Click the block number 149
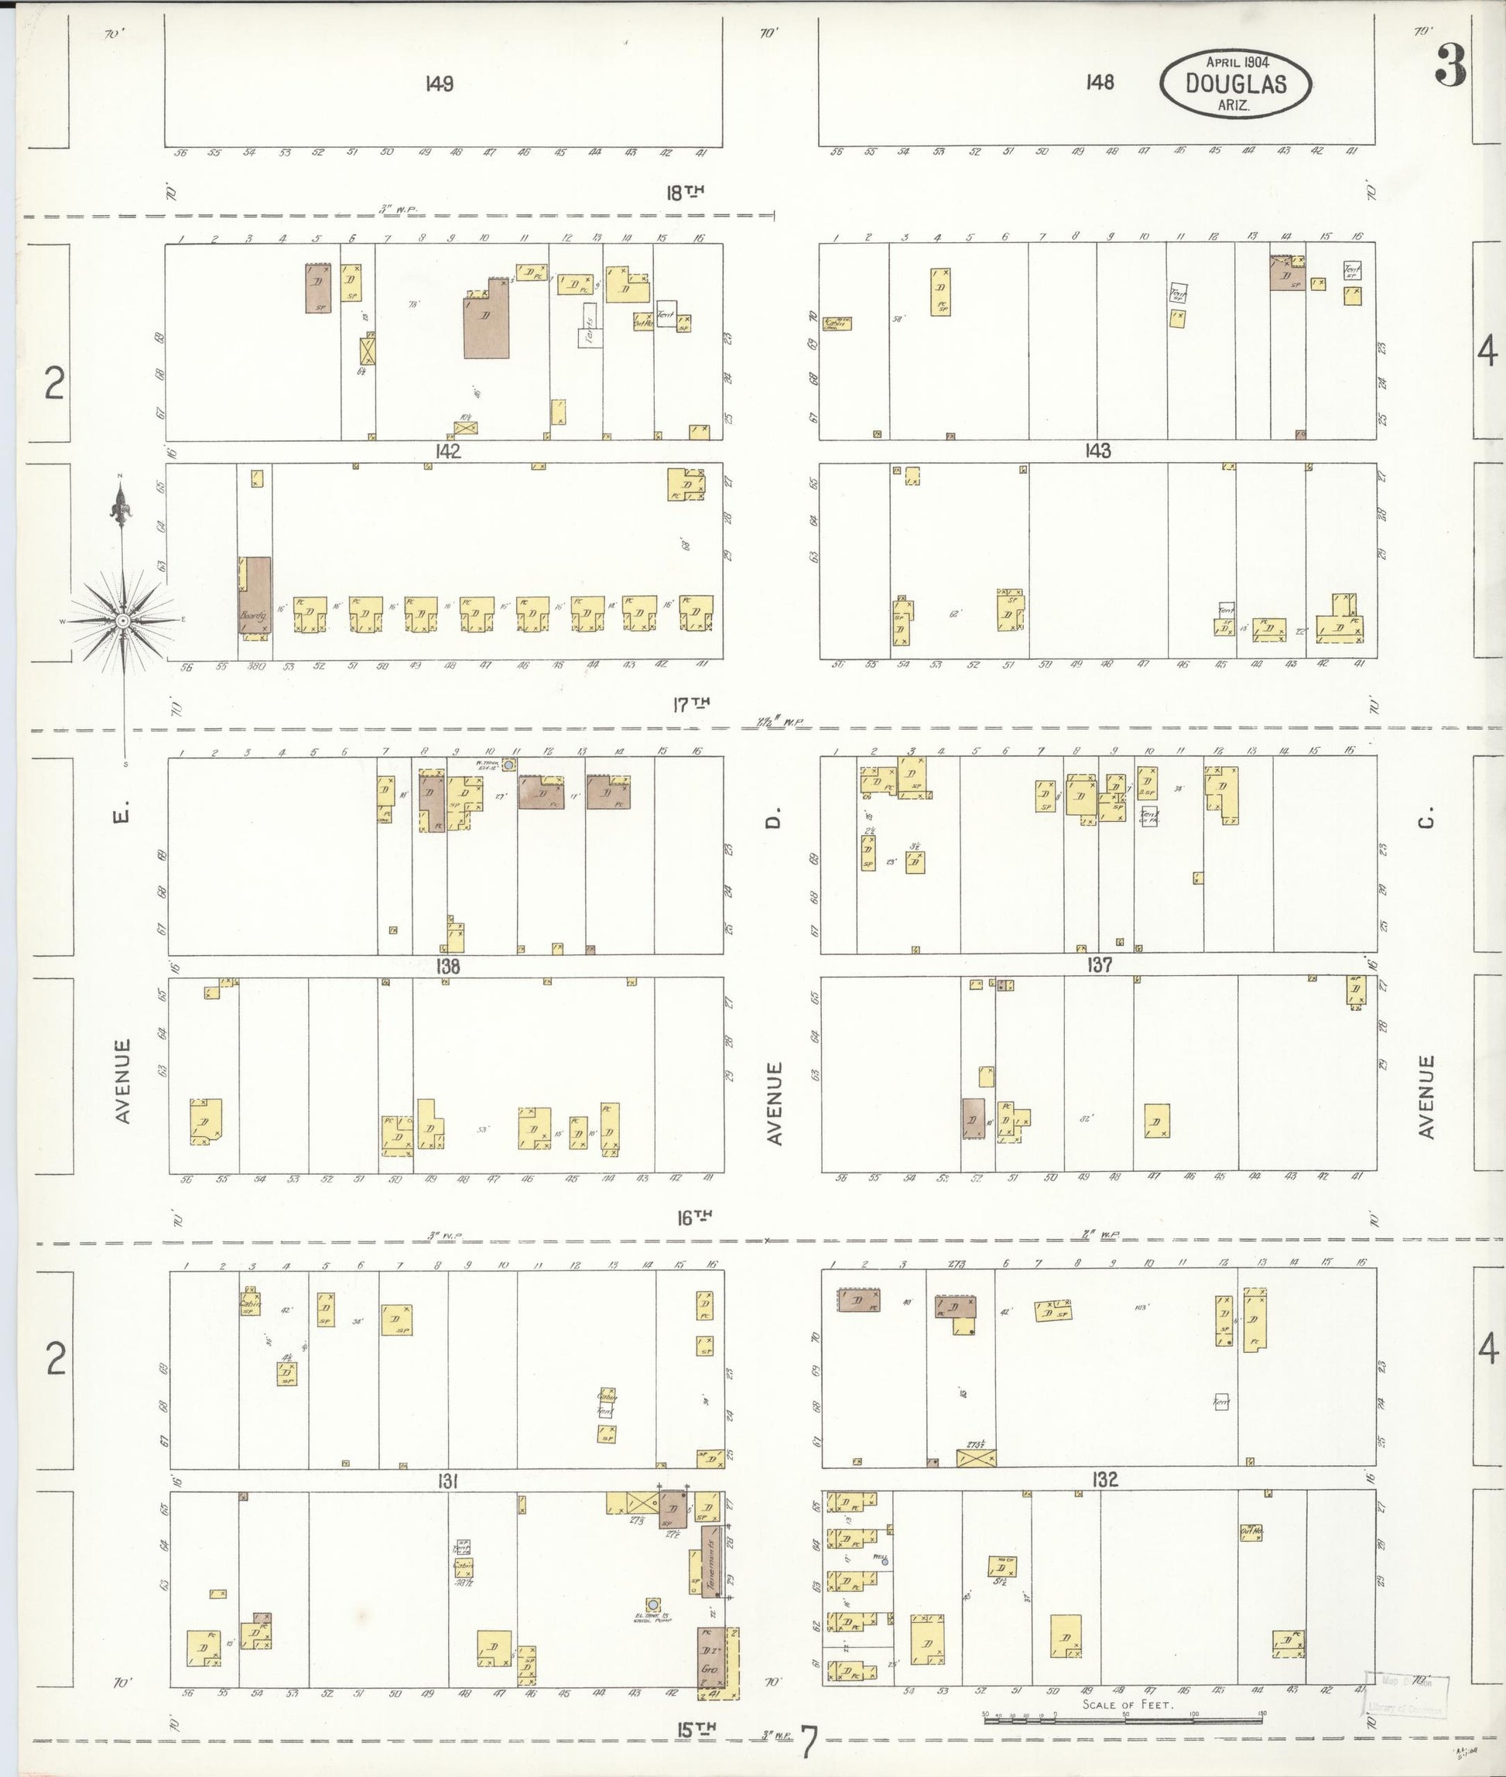click(438, 84)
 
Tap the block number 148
click(1100, 82)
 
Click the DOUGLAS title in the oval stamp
click(1234, 83)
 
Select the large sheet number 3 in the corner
click(1450, 67)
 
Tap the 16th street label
click(694, 1217)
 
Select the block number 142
click(447, 452)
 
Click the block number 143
click(1098, 451)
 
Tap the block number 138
click(447, 966)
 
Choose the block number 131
click(447, 1483)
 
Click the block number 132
click(1105, 1480)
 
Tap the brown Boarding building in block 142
click(255, 595)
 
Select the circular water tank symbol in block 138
click(508, 766)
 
